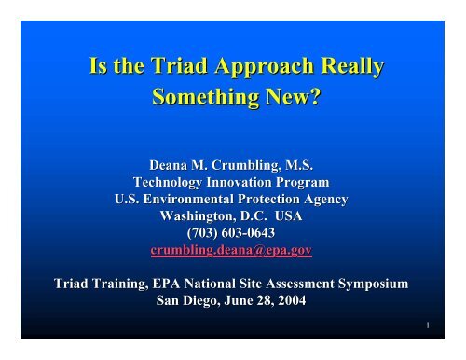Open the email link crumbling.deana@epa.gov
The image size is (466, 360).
pyautogui.click(x=233, y=245)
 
